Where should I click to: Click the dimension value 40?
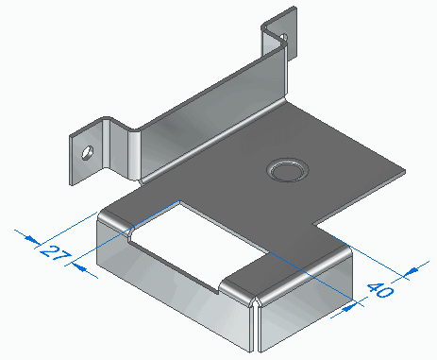coord(380,290)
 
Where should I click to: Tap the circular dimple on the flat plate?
coord(288,170)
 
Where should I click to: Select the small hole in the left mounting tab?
coord(87,153)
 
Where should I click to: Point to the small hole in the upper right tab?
coord(284,38)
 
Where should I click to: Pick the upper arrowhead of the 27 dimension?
coord(32,239)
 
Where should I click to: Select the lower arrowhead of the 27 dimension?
coord(79,268)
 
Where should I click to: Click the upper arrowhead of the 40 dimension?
coord(412,270)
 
